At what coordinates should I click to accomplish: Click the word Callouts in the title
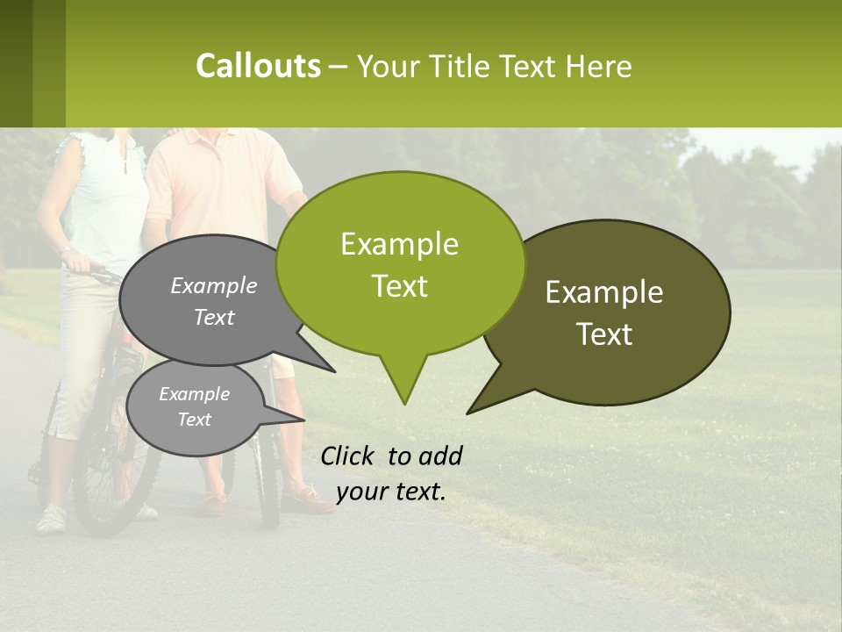coord(258,66)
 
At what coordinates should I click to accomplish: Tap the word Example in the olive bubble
coord(604,292)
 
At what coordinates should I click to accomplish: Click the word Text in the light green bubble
coord(400,286)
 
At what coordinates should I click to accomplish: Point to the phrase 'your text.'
coord(390,492)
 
